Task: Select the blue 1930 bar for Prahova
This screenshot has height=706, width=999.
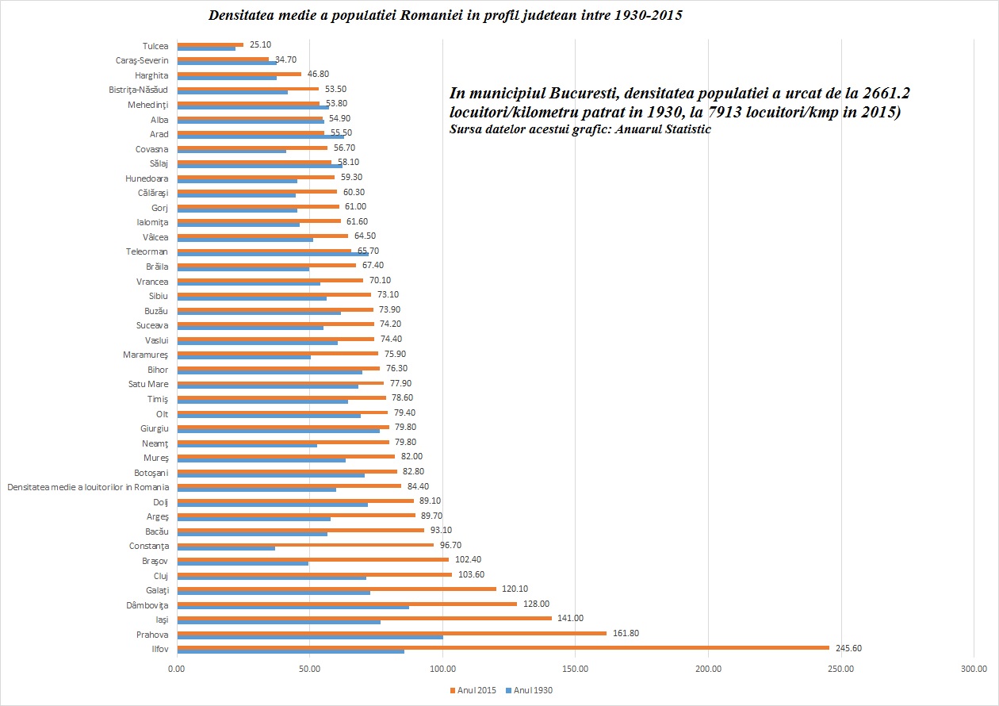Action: click(310, 637)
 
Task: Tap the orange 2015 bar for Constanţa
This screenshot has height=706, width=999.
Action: click(305, 544)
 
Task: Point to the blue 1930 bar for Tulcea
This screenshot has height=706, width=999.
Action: click(206, 48)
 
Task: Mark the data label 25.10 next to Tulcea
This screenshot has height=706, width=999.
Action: click(262, 44)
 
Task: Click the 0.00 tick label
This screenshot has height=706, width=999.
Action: click(176, 670)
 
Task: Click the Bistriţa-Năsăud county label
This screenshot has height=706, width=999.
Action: click(138, 90)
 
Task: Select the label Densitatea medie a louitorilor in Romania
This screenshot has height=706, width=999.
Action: click(88, 487)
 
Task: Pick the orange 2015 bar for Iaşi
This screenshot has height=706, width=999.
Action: click(364, 618)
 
